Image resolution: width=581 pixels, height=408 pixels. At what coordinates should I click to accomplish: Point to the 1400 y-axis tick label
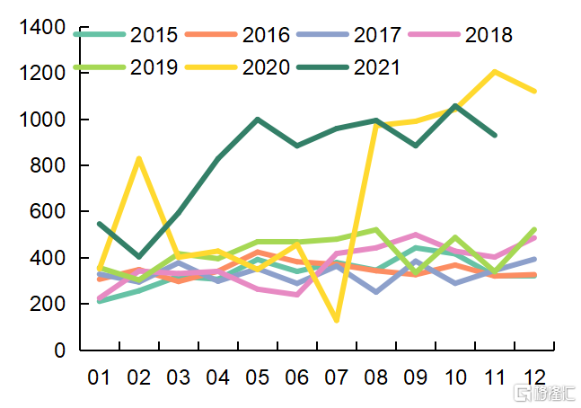(43, 27)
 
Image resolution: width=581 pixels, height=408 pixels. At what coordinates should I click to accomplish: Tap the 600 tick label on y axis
(49, 212)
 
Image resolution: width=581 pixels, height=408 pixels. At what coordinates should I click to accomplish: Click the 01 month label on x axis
(99, 377)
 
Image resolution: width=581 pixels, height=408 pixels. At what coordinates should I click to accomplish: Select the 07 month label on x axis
(337, 377)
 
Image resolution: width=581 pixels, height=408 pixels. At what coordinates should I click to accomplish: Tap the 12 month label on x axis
(535, 377)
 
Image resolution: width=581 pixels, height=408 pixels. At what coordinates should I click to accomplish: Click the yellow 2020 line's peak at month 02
(139, 159)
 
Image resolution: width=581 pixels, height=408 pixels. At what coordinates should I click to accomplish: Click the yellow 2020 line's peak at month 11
(495, 72)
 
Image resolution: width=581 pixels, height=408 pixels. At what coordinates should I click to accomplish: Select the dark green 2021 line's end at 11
(495, 135)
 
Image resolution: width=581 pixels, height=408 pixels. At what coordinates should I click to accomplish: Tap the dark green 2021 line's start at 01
(99, 224)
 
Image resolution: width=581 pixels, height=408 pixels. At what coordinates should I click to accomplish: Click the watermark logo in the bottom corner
(542, 393)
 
